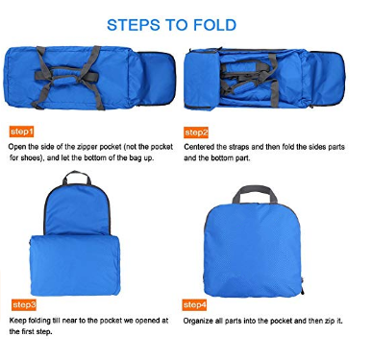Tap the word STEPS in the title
point(134,25)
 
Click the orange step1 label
point(22,132)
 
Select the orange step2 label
point(196,132)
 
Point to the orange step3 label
point(24,305)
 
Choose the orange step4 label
point(194,305)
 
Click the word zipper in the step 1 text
point(87,147)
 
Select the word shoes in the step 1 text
point(31,157)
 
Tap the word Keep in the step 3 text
point(17,321)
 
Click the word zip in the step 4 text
point(330,321)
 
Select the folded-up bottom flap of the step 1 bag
point(157,79)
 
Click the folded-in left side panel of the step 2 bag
point(201,81)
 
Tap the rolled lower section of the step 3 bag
point(76,265)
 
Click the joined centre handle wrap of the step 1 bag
point(66,76)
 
